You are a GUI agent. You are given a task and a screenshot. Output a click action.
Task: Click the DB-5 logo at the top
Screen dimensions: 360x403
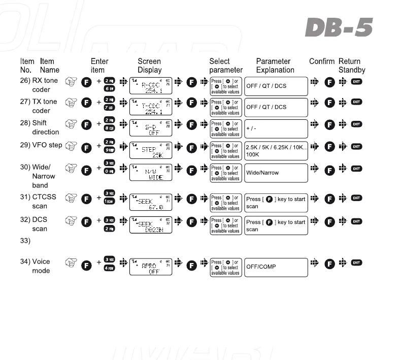(x=339, y=28)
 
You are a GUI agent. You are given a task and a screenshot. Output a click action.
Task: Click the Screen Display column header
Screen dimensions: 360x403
(x=150, y=66)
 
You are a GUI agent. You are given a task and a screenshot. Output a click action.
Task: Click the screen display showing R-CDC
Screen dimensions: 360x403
(x=151, y=86)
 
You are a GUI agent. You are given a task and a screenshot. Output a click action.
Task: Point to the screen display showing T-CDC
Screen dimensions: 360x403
(x=151, y=108)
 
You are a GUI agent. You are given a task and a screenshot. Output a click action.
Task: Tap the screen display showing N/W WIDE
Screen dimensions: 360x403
(x=151, y=173)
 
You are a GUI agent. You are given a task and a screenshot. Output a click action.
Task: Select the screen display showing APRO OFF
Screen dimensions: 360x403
(x=151, y=267)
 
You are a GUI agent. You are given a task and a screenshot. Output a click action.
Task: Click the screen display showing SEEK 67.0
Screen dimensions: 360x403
(x=151, y=203)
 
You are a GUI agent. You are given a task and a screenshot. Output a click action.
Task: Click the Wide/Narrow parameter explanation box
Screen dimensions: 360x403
(x=276, y=173)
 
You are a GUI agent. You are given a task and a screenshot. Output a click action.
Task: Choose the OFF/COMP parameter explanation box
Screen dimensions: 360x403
(x=276, y=267)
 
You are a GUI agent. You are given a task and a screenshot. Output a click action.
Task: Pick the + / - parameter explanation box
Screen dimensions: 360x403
(x=276, y=129)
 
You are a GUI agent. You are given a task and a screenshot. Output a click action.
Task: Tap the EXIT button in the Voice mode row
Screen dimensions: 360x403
(x=357, y=263)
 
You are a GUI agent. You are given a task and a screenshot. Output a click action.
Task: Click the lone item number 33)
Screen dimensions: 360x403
(x=25, y=241)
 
